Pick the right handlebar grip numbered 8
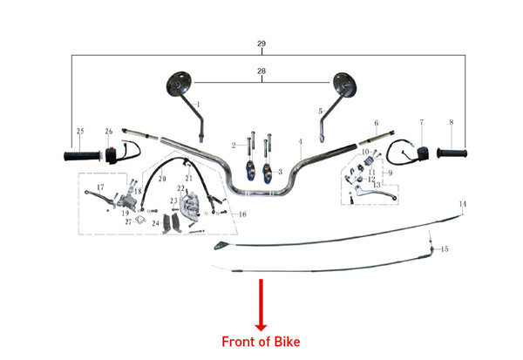[x=452, y=154]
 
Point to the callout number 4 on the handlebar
[x=299, y=142]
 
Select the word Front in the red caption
[x=239, y=341]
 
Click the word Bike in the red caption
[x=286, y=341]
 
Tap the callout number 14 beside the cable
[x=463, y=204]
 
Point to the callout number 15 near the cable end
[x=445, y=249]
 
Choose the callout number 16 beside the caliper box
[x=242, y=214]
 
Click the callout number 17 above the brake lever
[x=100, y=187]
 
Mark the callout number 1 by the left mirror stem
[x=199, y=105]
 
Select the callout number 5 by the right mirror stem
[x=321, y=111]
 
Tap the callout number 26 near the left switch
[x=109, y=132]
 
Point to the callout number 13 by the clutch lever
[x=377, y=186]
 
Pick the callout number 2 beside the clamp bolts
[x=234, y=145]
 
